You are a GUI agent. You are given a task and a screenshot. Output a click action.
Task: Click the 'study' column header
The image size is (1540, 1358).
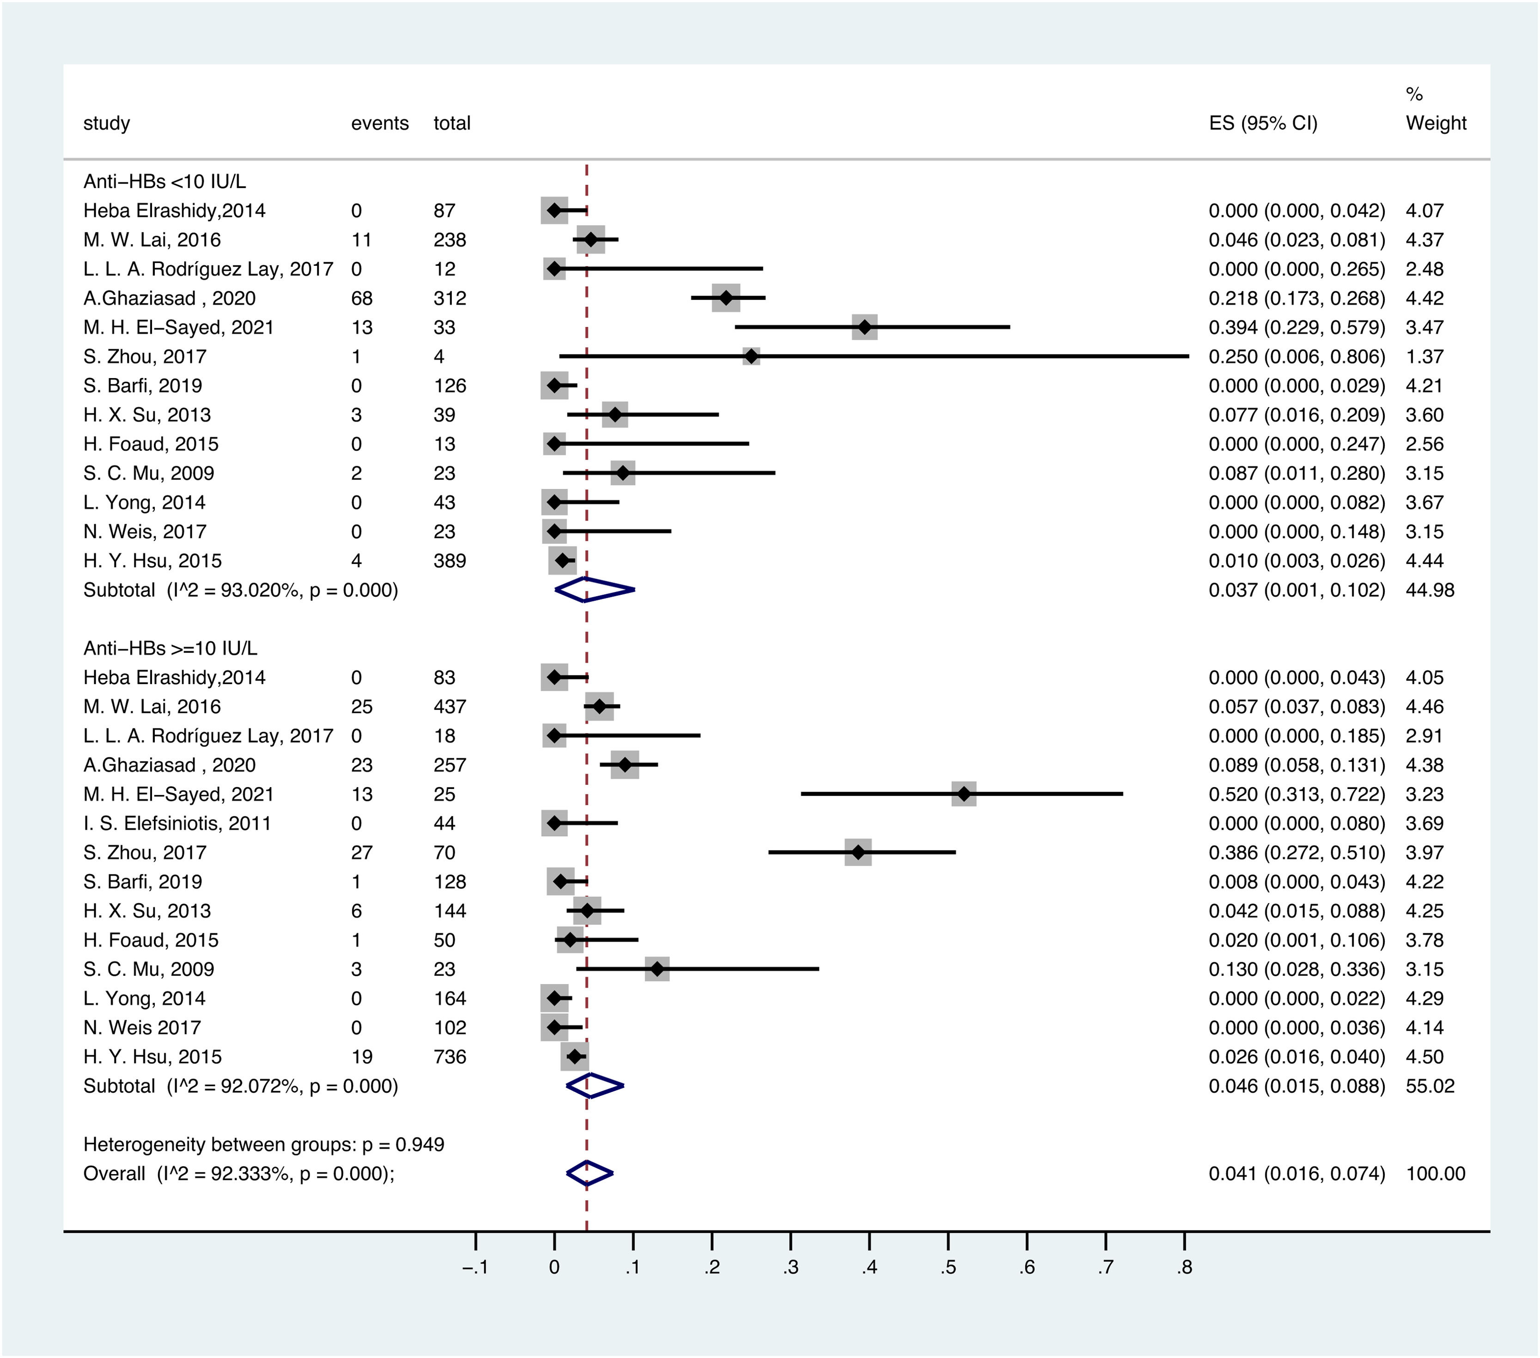pos(106,123)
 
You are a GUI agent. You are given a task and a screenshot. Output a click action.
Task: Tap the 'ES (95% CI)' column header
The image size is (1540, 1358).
pos(1263,123)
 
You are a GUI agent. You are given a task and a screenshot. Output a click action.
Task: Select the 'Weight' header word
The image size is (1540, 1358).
pos(1435,123)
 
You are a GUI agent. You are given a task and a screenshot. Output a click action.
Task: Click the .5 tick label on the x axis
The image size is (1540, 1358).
pos(948,1267)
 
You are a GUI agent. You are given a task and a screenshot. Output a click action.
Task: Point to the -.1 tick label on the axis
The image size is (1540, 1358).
pos(475,1267)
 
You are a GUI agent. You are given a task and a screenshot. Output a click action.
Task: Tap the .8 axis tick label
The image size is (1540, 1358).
pos(1184,1267)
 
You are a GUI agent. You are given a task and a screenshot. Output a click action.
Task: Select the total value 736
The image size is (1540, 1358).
pos(450,1057)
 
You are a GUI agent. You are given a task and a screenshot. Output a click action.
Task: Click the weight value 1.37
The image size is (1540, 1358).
pos(1424,356)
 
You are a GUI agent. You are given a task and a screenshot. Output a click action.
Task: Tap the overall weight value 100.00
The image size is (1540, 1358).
pos(1435,1174)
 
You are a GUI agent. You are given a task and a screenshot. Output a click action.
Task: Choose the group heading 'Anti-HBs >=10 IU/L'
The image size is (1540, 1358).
pos(170,648)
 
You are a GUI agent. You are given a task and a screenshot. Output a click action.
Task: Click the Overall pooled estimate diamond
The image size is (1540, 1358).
pos(589,1174)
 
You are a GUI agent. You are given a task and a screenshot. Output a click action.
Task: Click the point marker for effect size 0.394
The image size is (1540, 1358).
pos(864,327)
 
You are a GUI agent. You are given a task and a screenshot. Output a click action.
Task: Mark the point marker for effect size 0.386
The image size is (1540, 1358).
pos(858,852)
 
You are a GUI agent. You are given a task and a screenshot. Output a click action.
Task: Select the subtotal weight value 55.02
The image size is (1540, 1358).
pos(1429,1086)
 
